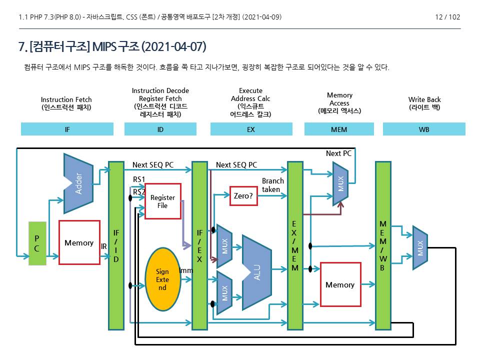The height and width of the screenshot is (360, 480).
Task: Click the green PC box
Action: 37,243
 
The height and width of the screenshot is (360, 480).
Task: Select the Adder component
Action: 79,183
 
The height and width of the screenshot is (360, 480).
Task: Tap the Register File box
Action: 162,201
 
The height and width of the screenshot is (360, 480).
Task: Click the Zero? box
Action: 243,195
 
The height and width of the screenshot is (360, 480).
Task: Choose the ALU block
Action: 256,272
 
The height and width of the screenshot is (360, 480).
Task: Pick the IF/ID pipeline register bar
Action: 116,245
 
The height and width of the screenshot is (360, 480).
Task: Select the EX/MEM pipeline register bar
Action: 295,245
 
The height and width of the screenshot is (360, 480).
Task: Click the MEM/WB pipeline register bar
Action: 383,245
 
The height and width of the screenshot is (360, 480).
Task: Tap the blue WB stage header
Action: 424,129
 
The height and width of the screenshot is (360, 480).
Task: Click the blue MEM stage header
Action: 339,129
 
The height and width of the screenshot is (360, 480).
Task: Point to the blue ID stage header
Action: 160,129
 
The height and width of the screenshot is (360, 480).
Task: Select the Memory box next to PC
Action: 79,242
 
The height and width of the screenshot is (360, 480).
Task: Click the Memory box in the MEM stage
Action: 340,284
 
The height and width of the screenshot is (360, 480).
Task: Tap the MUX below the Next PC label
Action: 340,183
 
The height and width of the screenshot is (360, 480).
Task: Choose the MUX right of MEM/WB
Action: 420,248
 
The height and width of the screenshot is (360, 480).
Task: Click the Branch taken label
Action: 272,185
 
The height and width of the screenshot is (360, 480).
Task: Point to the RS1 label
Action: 138,179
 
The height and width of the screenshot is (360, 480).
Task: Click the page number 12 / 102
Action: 447,17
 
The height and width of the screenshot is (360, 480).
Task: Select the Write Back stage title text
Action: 424,103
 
